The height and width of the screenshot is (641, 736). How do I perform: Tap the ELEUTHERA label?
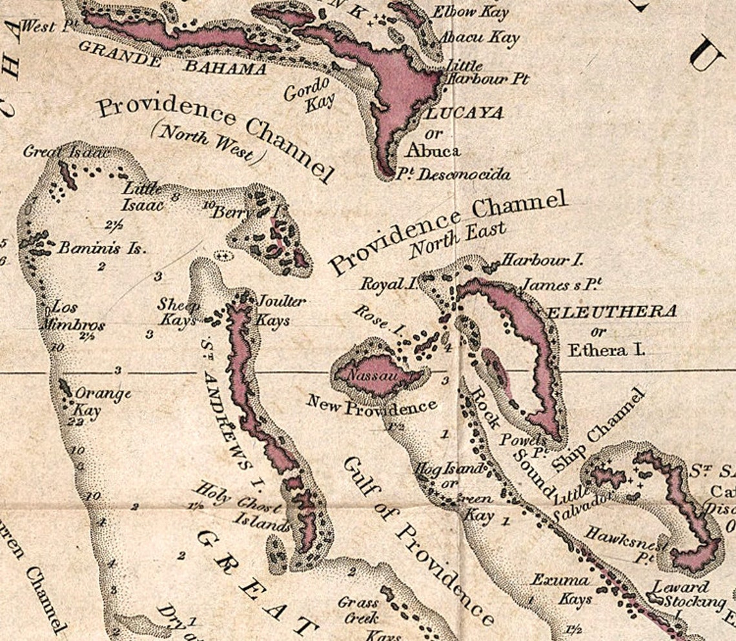pos(613,312)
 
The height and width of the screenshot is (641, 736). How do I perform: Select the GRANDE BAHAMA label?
pos(172,59)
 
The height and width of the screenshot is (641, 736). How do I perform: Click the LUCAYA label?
pos(464,113)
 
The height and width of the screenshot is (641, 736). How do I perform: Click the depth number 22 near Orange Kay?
pos(76,422)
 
